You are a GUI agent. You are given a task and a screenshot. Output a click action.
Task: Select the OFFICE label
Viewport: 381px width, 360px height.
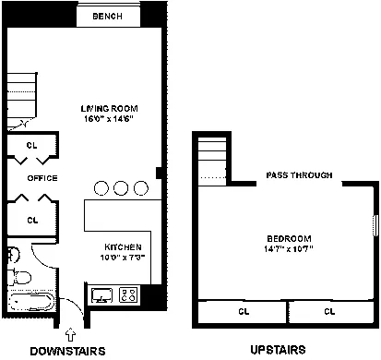tap(42, 178)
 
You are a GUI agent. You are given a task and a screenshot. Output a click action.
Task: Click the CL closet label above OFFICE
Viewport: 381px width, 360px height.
tap(31, 145)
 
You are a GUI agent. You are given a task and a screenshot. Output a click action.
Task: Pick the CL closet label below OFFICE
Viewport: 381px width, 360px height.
tap(31, 220)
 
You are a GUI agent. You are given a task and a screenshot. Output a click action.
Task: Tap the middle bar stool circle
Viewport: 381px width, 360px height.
tap(122, 187)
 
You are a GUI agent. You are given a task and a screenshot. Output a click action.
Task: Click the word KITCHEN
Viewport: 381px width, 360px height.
tap(122, 247)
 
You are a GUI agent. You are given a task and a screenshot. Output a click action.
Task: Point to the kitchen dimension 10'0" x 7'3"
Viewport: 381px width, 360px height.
tap(122, 258)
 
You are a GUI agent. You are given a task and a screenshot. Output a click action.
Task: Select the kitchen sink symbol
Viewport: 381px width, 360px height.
tap(102, 295)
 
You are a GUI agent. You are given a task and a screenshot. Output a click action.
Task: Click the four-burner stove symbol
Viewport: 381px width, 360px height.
tap(130, 295)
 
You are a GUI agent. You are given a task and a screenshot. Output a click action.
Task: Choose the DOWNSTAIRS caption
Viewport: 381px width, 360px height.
tap(67, 351)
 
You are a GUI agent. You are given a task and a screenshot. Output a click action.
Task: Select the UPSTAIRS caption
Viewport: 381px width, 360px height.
tap(278, 351)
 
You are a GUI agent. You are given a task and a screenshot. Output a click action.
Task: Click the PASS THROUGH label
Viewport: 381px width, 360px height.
tap(299, 174)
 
